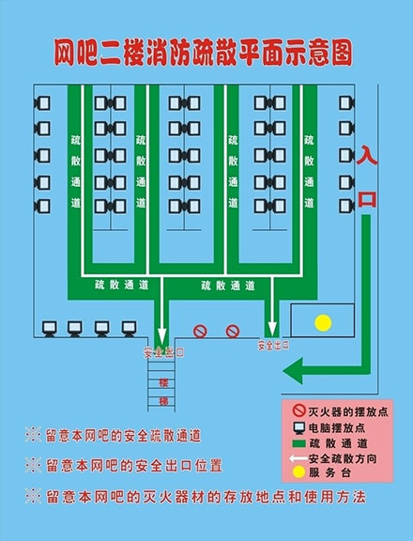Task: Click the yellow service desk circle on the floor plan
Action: [323, 323]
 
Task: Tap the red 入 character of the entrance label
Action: [367, 155]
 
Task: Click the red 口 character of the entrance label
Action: [367, 199]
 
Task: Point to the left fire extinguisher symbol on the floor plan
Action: [200, 332]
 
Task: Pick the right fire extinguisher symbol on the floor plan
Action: [233, 332]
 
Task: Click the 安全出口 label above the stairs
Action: [163, 352]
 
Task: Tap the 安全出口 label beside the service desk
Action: [273, 346]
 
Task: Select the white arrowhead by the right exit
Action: [272, 329]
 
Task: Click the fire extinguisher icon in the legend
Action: [298, 410]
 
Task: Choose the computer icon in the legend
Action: [298, 428]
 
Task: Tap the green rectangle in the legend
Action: [298, 443]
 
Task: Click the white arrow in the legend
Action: [298, 458]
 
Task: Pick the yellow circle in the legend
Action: [298, 472]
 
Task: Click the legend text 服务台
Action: [329, 472]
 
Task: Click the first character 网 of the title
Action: [65, 53]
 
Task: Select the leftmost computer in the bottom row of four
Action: [49, 329]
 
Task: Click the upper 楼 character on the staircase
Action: [163, 382]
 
